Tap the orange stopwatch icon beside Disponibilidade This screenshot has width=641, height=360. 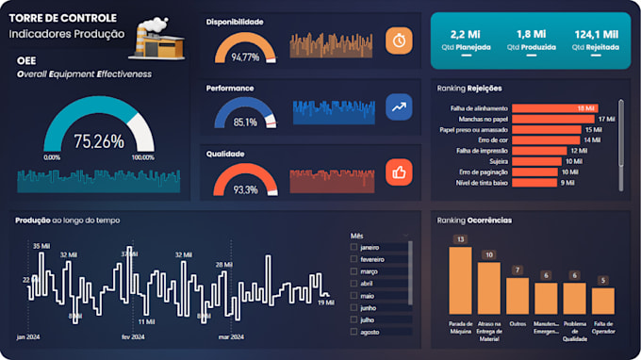(x=399, y=41)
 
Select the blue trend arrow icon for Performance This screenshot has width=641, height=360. (x=399, y=106)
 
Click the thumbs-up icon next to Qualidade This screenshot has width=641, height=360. (x=399, y=172)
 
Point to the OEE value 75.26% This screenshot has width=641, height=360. (x=99, y=141)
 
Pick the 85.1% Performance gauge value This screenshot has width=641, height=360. (x=245, y=123)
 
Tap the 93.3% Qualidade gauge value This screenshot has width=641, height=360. (x=245, y=189)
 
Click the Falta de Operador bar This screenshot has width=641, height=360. (x=602, y=301)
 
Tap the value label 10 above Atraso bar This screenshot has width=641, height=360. (x=488, y=254)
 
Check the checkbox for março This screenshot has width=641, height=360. (x=353, y=271)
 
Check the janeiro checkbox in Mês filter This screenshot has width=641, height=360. (x=353, y=247)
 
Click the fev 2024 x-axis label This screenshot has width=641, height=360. (x=132, y=336)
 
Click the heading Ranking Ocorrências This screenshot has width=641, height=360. (x=475, y=220)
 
